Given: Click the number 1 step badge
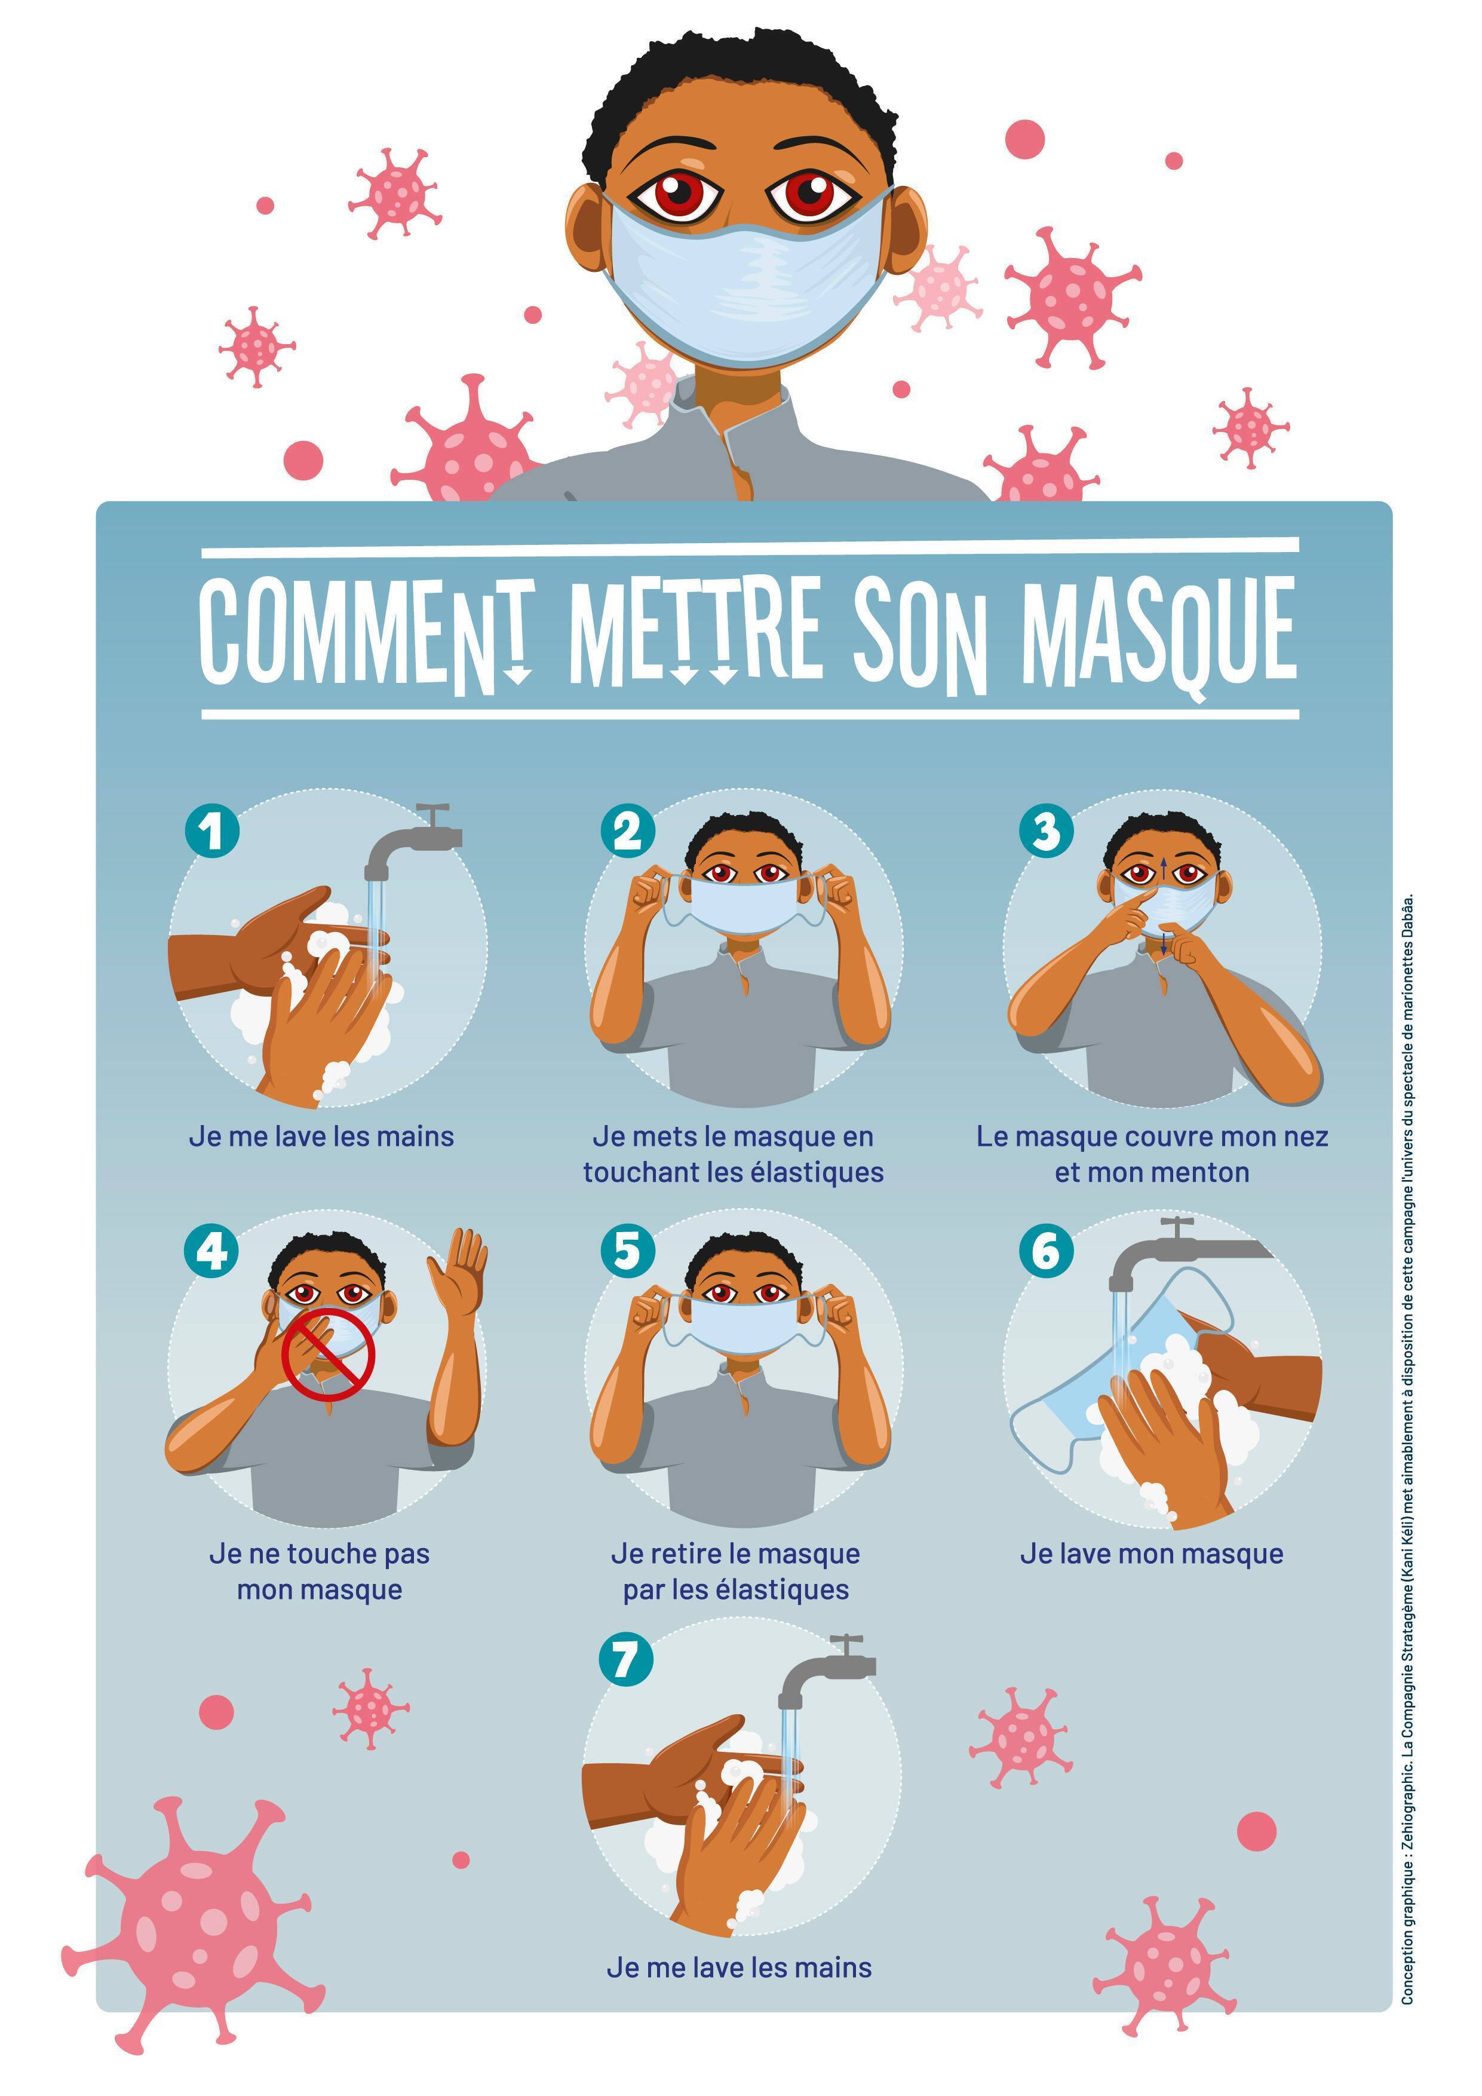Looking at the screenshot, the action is click(211, 831).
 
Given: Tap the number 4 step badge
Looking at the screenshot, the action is click(211, 1250).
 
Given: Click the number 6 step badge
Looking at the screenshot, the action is click(1046, 1250).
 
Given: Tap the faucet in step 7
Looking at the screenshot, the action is click(826, 1669).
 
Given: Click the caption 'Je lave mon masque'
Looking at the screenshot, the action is click(1152, 1553).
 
